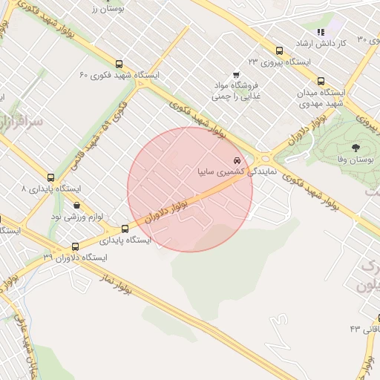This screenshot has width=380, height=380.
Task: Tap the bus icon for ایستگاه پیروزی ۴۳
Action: tap(279, 50)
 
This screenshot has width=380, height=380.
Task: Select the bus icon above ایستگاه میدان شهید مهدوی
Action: tap(321, 81)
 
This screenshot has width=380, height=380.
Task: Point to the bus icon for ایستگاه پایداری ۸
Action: tap(50, 177)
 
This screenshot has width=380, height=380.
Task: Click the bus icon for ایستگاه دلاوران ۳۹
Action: tap(75, 246)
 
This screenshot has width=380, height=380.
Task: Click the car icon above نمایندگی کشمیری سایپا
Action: tap(237, 160)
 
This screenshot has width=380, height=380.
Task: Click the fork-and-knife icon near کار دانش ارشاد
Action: tap(321, 33)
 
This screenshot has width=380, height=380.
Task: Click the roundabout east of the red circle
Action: tap(264, 157)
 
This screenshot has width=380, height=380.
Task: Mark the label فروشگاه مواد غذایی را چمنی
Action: tap(236, 91)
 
